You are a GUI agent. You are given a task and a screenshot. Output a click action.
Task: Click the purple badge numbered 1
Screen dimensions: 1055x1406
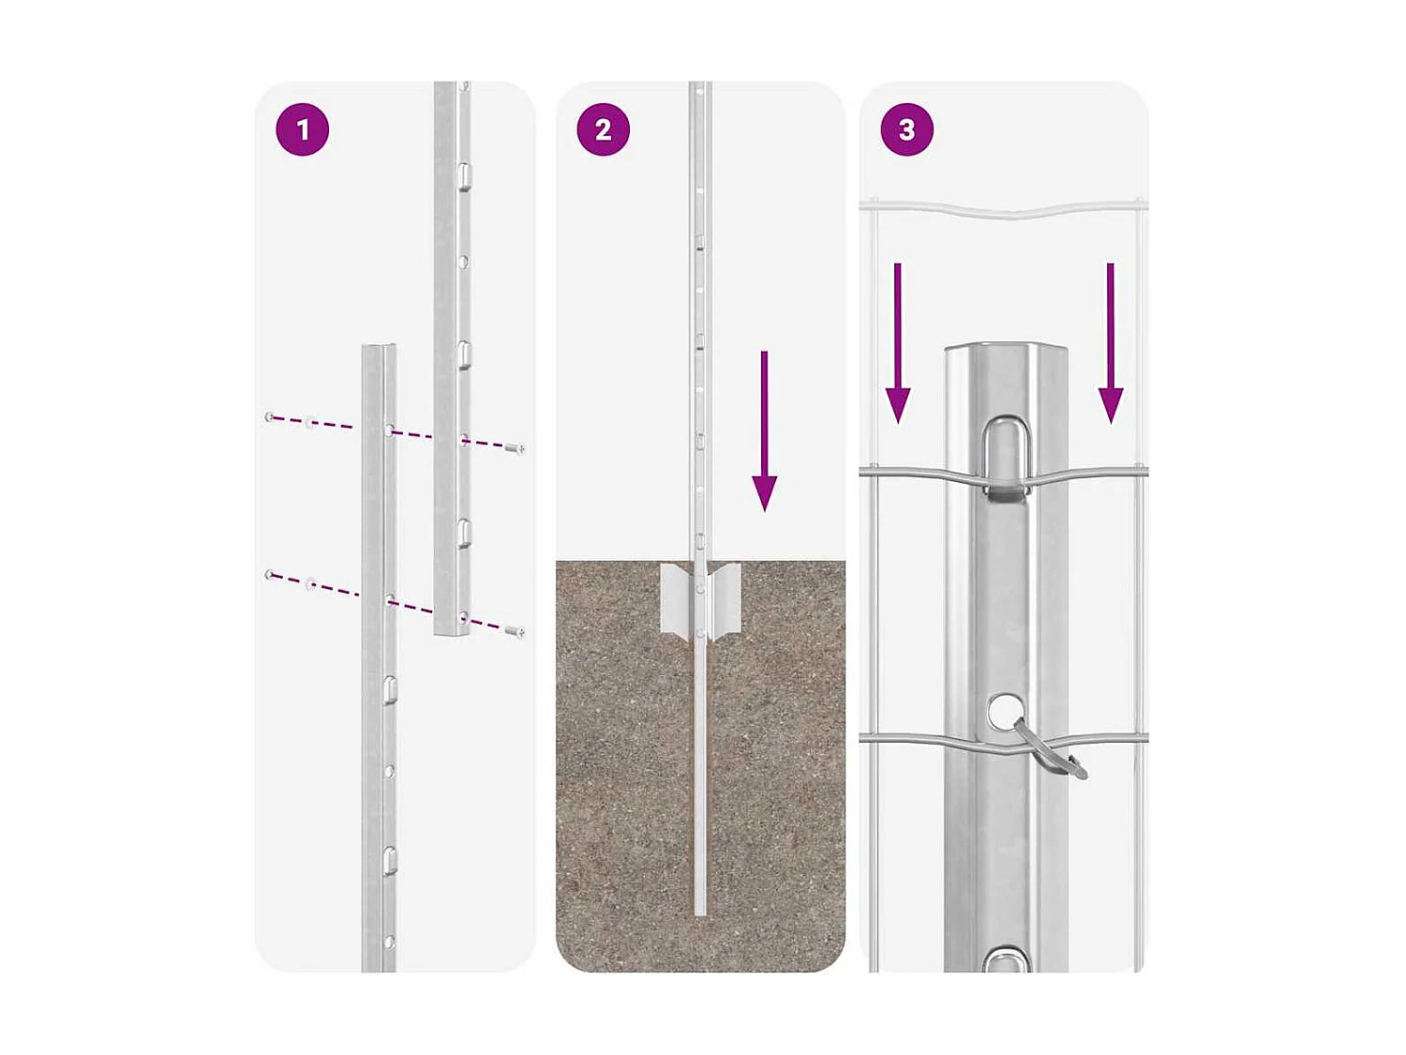tap(302, 129)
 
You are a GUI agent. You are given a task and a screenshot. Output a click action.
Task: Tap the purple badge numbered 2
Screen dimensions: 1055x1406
tap(603, 129)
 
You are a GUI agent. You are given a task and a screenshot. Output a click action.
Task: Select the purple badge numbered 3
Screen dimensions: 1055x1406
tap(906, 129)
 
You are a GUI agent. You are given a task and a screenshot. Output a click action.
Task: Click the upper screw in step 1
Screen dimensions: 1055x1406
tap(515, 449)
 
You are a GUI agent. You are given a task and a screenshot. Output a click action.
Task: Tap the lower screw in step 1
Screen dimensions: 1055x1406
tap(515, 632)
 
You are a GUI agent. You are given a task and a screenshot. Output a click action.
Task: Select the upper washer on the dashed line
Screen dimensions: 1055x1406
tap(311, 423)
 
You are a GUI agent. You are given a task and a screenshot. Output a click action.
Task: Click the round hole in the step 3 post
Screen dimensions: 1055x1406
tap(1005, 711)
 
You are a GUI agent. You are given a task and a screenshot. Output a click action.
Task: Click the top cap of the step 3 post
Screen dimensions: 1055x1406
tap(1006, 349)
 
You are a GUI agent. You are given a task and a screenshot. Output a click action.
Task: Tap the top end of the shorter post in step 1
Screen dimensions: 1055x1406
tap(379, 349)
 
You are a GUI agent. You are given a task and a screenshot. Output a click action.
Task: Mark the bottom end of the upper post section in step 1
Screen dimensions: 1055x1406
tap(452, 632)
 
